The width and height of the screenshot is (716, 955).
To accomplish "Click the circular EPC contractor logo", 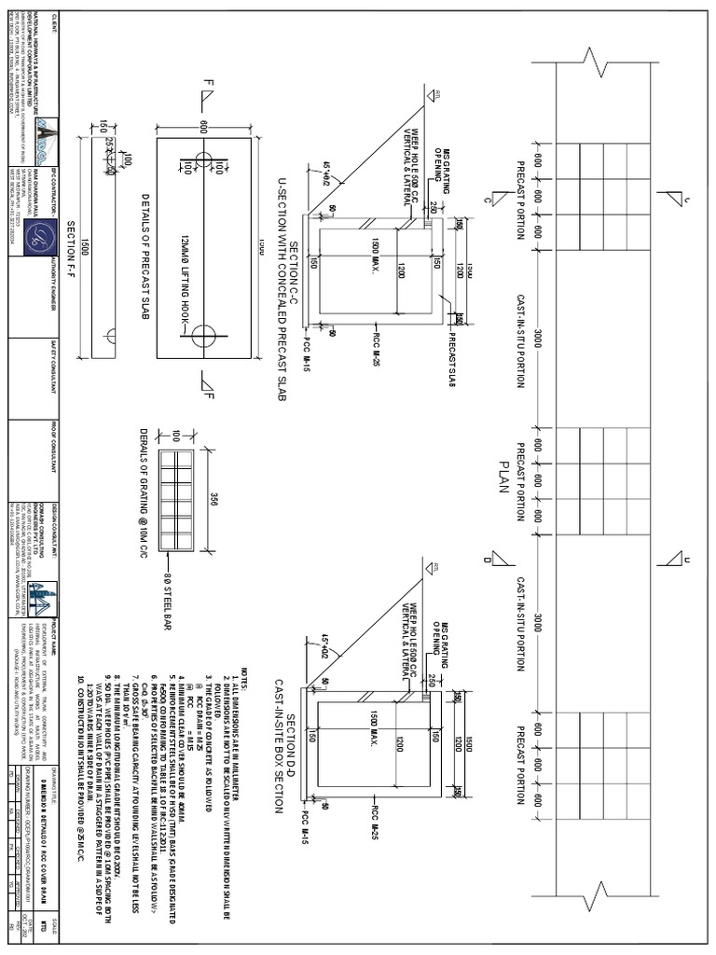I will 38,232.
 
